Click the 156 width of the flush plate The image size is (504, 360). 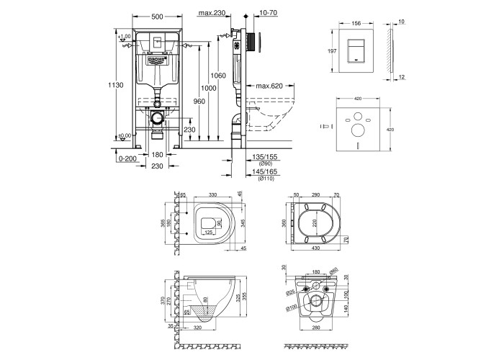pos(354,22)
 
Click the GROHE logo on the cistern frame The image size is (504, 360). pos(156,61)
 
